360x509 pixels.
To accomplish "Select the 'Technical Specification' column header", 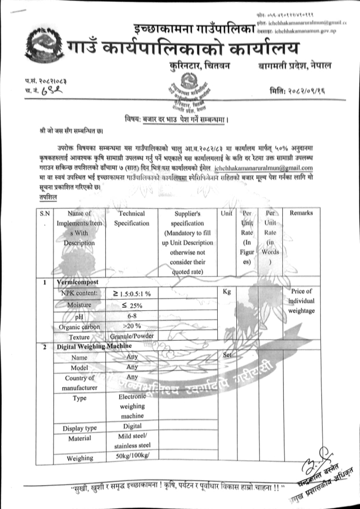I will click(132, 218).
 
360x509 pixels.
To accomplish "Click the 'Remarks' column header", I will click(301, 213).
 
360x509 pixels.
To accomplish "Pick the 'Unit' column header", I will click(227, 213).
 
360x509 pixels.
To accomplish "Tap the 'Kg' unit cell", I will click(227, 292).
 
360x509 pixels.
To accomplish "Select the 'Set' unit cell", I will click(227, 356).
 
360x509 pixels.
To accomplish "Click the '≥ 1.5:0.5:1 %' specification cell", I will click(132, 293).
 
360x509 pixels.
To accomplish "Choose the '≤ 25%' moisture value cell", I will click(132, 304).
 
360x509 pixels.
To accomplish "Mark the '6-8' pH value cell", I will click(132, 316).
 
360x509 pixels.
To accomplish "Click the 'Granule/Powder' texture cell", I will click(132, 337).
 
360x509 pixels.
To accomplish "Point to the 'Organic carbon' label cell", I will click(79, 327).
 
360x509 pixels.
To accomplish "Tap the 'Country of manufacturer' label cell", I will click(79, 383).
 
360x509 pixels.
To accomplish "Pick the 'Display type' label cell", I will click(79, 428).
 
